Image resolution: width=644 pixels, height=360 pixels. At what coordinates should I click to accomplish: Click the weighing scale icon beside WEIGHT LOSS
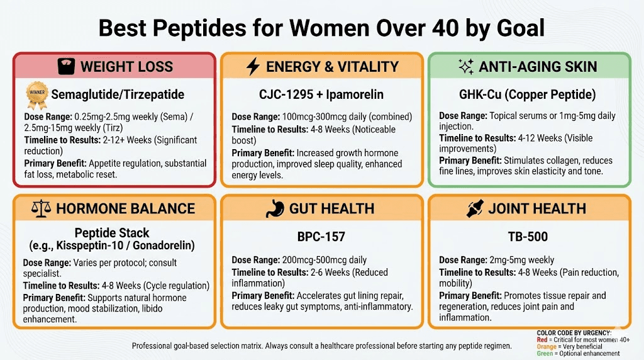[65, 66]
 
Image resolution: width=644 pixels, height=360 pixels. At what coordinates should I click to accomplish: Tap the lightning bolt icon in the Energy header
[253, 66]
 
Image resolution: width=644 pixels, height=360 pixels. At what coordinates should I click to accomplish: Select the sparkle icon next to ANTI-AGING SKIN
[466, 66]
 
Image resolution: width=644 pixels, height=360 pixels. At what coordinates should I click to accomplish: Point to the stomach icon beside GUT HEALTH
[275, 208]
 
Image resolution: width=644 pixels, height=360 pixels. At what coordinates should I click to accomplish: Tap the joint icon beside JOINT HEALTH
[475, 208]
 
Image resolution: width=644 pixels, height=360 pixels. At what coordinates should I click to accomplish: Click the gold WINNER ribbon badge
[36, 94]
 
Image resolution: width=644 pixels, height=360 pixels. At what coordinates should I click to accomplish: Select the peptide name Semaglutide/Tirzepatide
[118, 95]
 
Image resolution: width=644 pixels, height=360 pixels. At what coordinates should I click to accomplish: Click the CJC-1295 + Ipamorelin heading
[321, 95]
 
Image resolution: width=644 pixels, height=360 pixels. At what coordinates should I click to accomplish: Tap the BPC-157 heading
[321, 237]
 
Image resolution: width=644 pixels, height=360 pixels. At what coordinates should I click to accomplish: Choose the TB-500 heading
[528, 237]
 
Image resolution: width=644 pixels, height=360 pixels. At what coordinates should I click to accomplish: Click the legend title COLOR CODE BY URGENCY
[574, 333]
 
